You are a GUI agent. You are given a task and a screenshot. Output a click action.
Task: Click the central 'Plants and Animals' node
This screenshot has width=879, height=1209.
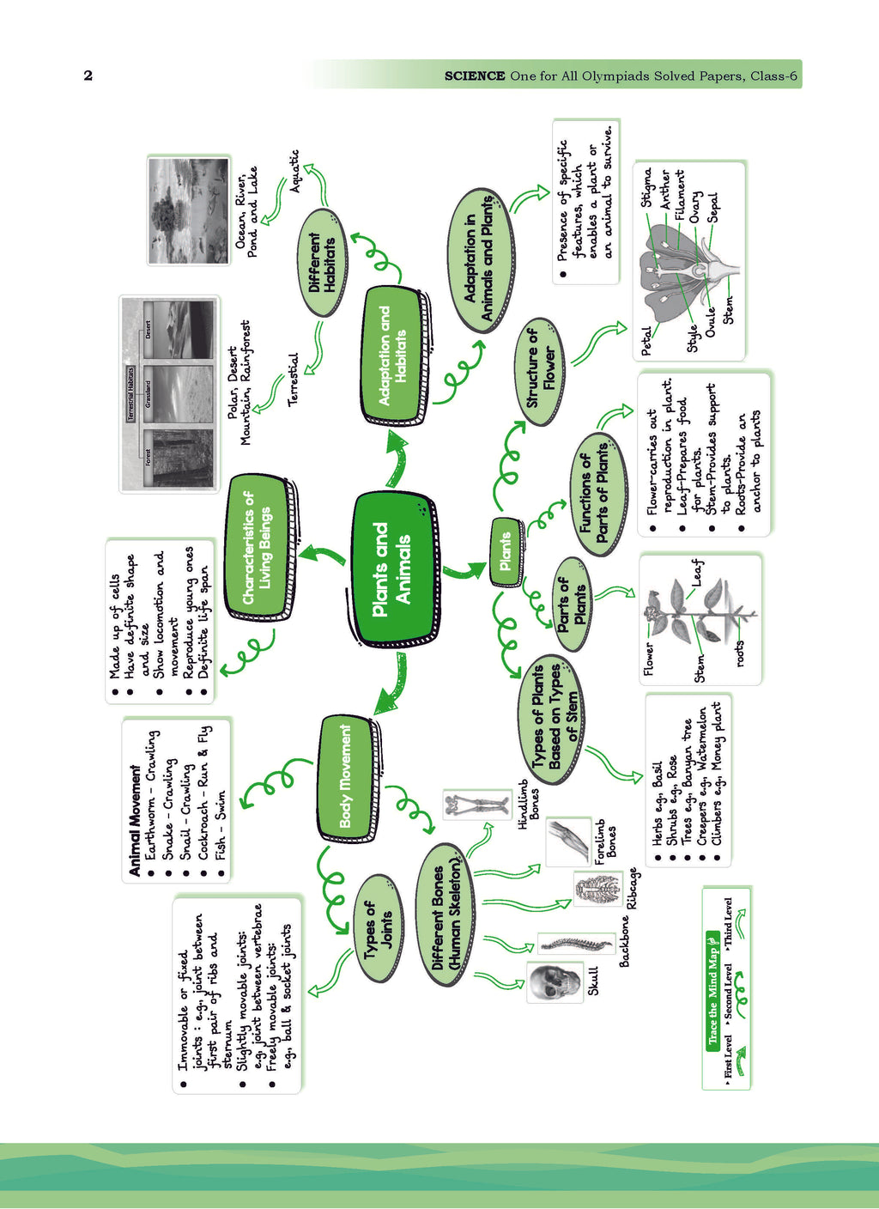tap(393, 569)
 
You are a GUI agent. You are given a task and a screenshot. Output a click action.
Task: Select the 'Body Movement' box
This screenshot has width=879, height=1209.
tap(346, 777)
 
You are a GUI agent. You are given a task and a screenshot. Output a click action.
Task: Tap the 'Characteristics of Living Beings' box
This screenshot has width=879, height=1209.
tap(258, 547)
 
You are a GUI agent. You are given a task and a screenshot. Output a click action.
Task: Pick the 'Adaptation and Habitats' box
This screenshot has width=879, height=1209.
tap(393, 355)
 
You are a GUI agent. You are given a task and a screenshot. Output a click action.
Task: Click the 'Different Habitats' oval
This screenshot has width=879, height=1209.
tap(323, 263)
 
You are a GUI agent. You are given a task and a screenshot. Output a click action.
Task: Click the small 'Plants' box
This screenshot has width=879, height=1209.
tap(506, 551)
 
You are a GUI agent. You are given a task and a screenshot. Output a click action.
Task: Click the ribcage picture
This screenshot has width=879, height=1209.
tap(597, 889)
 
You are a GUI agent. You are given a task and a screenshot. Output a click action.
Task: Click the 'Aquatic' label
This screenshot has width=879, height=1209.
tap(295, 170)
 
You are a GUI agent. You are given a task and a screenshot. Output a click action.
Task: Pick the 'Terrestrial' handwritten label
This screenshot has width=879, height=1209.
tap(293, 379)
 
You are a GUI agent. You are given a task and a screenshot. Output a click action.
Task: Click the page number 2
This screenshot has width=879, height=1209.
tap(88, 76)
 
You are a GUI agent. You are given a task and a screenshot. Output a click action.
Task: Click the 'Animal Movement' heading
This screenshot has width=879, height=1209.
tap(135, 820)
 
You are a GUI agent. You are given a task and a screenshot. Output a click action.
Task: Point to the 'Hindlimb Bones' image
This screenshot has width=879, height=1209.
tap(476, 805)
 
